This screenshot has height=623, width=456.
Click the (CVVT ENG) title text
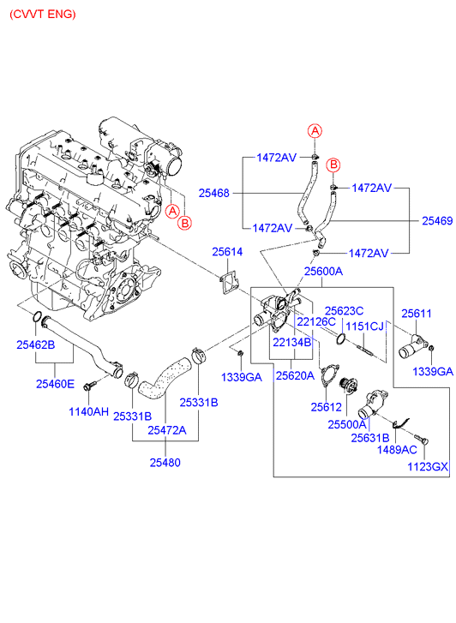coord(43,15)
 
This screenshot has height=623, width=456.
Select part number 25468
coord(214,193)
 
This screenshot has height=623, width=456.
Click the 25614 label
coord(227,251)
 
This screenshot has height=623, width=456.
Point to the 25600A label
coord(323,271)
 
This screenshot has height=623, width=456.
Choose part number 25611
coord(417,314)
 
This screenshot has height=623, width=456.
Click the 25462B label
coord(36,344)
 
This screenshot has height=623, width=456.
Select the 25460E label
coord(55,384)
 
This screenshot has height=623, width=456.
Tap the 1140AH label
coord(88,411)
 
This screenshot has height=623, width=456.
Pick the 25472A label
coord(167,430)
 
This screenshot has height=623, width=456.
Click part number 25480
coord(165,462)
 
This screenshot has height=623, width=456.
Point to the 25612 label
coord(327,406)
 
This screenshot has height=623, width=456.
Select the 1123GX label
coord(428,466)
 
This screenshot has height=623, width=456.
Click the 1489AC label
coord(397,449)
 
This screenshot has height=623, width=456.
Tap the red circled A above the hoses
coord(315,131)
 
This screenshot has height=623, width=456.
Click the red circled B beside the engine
coord(185,223)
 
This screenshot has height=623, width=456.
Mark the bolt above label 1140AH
coord(89,385)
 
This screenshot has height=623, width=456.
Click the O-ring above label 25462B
coord(37,317)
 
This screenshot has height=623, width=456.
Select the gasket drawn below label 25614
coord(229,284)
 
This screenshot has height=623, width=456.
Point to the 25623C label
coord(345,311)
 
